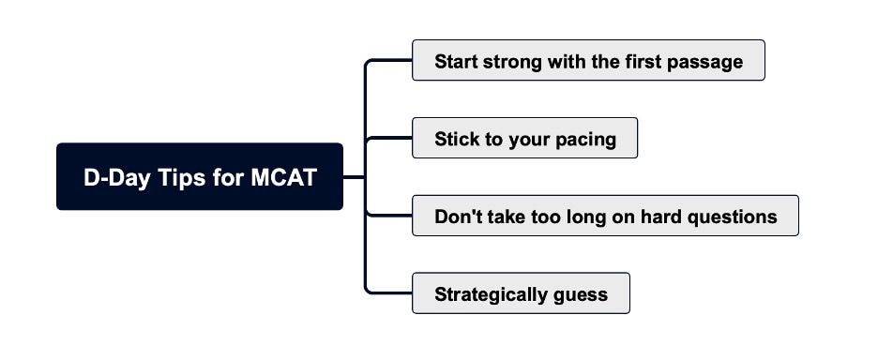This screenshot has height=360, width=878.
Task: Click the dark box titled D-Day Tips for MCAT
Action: pos(200,176)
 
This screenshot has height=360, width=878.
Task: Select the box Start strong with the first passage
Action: pos(588,61)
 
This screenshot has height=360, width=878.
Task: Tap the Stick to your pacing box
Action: pos(524,139)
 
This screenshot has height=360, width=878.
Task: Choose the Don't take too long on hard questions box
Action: pos(605,217)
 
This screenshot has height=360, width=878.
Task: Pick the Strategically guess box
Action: pos(521,294)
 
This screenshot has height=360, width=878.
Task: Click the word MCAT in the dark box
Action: pos(283,177)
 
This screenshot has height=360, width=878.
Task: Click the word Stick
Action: pos(456,140)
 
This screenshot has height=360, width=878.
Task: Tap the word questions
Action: pos(733,217)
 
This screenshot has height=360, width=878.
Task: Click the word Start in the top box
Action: pos(456,62)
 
